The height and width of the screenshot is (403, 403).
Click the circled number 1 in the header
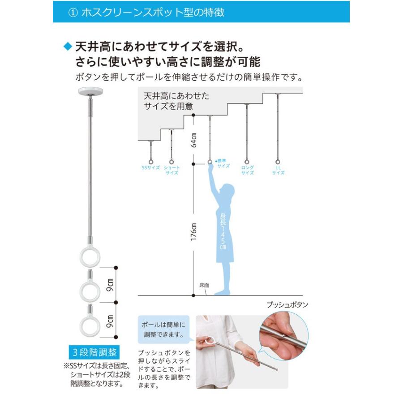pos(73,13)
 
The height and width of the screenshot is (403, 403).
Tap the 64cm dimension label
pos(193,140)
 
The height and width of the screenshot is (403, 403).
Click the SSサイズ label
pos(150,168)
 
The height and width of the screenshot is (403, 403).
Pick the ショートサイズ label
pos(172,170)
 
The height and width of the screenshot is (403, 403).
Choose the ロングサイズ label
pos(247,170)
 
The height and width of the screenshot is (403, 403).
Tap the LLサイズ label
pos(278,170)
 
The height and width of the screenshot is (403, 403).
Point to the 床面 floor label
pos(204,285)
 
